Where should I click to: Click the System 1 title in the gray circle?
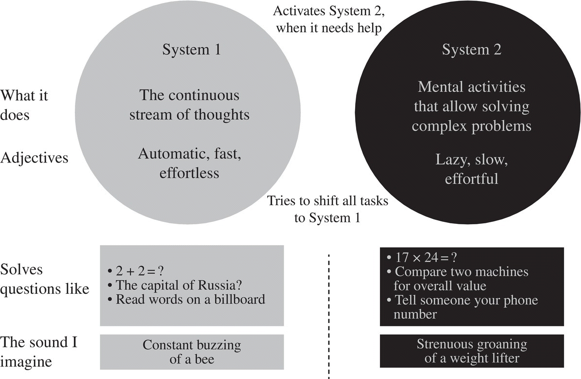(x=191, y=50)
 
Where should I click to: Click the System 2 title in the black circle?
(x=471, y=50)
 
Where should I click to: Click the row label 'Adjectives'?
(x=34, y=158)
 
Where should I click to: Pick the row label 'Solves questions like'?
(x=45, y=279)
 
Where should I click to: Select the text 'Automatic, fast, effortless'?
(x=190, y=163)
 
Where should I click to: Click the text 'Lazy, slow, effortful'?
(x=471, y=169)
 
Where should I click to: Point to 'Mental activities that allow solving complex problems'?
(x=471, y=107)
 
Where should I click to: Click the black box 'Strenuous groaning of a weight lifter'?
(x=471, y=351)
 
